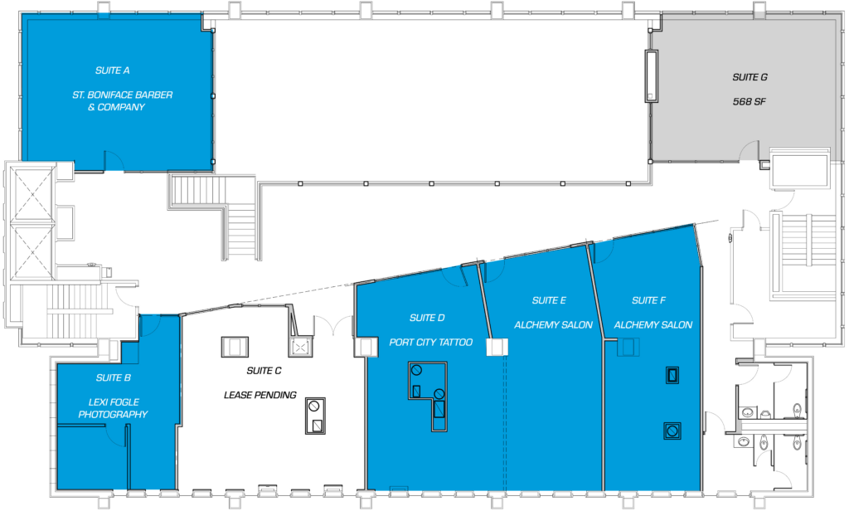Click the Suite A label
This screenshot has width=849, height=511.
tap(112, 71)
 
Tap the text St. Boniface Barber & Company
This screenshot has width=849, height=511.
tap(123, 101)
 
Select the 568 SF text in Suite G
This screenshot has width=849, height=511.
tap(750, 101)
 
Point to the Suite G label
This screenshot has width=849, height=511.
tap(750, 77)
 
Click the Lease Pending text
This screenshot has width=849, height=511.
tap(260, 395)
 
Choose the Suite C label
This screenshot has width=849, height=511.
tap(264, 371)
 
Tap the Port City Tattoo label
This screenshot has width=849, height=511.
tap(430, 342)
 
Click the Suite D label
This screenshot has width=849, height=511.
tap(427, 318)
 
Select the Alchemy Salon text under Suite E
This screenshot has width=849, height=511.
tap(553, 324)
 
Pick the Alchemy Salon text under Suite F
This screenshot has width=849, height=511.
tap(653, 324)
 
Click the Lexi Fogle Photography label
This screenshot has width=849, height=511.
tap(113, 408)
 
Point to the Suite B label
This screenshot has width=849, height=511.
tap(113, 377)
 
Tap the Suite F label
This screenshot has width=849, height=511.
tap(648, 300)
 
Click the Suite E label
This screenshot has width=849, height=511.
tap(549, 300)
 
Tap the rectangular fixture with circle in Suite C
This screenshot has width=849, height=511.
tap(315, 416)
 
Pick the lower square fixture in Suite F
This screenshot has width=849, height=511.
tap(672, 431)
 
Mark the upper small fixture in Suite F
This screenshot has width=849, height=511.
tap(672, 375)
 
